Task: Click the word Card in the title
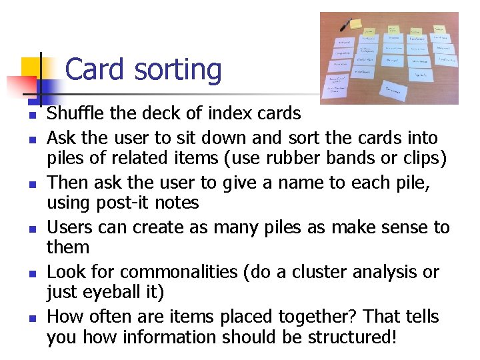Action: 95,70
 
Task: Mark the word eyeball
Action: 110,292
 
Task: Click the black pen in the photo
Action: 346,25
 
